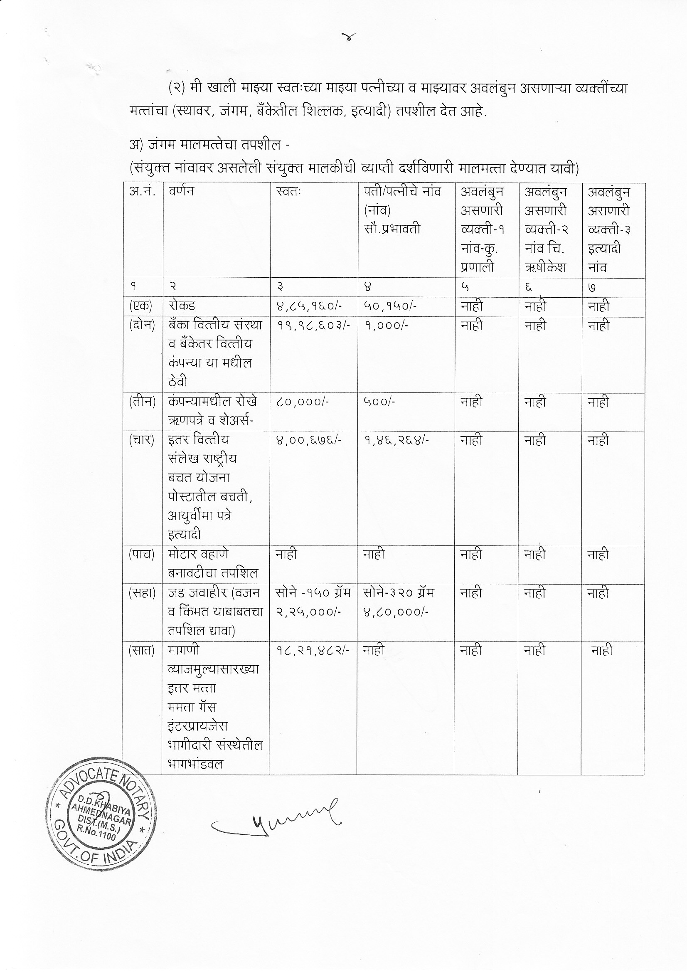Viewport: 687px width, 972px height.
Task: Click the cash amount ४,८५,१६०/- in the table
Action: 303,306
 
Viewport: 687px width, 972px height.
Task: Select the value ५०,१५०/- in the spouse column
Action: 389,306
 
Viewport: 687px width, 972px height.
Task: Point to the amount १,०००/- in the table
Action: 386,325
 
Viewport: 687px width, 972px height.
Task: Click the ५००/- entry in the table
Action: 379,401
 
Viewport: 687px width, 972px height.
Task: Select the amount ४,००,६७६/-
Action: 308,440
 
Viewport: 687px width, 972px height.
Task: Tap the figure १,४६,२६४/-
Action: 396,440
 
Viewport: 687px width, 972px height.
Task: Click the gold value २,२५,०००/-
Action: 308,612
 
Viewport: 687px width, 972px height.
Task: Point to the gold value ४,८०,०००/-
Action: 396,612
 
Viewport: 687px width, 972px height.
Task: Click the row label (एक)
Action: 140,306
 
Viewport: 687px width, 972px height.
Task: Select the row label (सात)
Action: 141,650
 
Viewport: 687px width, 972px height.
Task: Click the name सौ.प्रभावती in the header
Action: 392,229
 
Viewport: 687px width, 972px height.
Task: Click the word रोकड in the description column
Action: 181,306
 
